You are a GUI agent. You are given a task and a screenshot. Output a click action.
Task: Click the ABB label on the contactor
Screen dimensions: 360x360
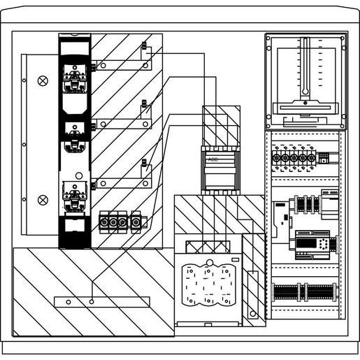pos(213,159)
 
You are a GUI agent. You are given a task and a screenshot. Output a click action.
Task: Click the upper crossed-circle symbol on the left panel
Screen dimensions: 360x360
pos(43,81)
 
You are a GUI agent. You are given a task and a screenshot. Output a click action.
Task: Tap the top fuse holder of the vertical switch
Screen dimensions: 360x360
pos(75,77)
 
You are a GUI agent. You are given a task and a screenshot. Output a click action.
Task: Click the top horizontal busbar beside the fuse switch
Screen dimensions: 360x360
pos(122,66)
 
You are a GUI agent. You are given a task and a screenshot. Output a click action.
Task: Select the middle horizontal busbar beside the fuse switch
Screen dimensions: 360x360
pos(122,124)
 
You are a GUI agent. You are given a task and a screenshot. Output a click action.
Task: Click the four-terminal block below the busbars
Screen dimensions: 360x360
pos(121,222)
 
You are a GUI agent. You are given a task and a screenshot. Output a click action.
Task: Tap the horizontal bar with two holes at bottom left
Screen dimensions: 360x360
pos(101,301)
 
